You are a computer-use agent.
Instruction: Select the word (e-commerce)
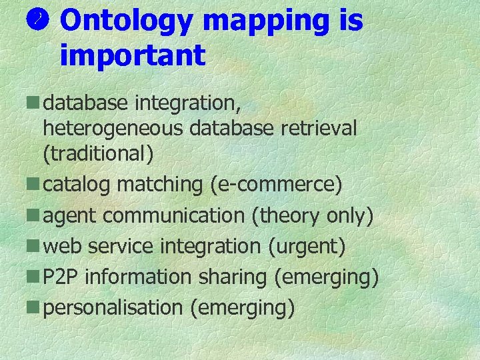[x=275, y=185]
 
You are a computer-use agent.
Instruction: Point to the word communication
[x=175, y=215]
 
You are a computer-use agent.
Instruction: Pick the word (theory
[x=287, y=215]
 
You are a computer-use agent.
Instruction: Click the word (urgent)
[x=306, y=247]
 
